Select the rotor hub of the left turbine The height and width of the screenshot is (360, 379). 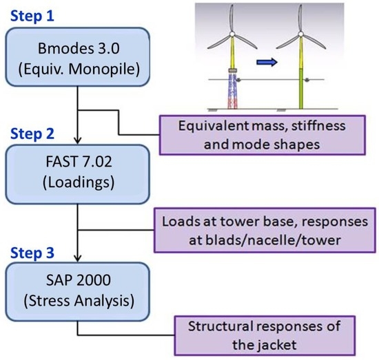click(x=232, y=35)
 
